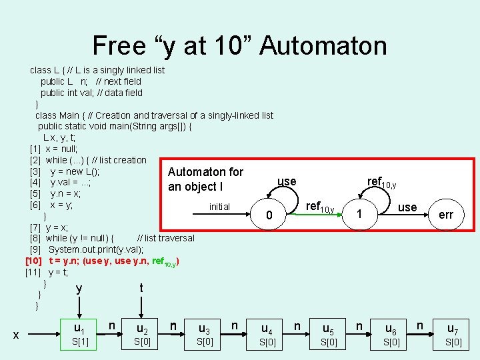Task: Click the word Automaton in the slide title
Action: [323, 45]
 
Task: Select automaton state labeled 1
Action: [359, 215]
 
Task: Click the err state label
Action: [446, 215]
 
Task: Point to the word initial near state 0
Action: [219, 207]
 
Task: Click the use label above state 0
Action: [287, 181]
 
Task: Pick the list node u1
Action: [79, 328]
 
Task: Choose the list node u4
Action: [267, 329]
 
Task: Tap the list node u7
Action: [453, 329]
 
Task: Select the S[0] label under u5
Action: [329, 343]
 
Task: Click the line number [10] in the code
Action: [34, 261]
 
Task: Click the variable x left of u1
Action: [16, 335]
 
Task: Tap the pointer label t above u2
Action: [141, 288]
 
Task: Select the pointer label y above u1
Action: [79, 289]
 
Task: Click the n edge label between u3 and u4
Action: [235, 325]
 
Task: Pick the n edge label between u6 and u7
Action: [421, 325]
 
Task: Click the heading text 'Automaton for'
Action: [205, 172]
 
